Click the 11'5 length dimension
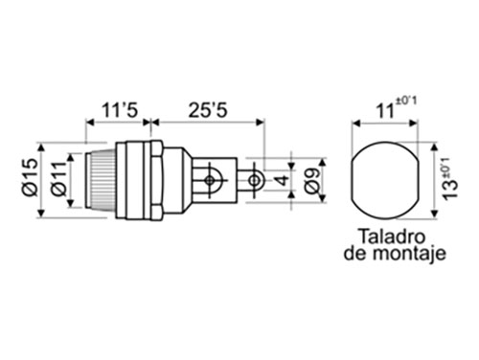(120, 110)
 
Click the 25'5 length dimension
(208, 110)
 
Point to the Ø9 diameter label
(312, 181)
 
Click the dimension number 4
(282, 180)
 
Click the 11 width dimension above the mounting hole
(384, 111)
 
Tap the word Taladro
(393, 236)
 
